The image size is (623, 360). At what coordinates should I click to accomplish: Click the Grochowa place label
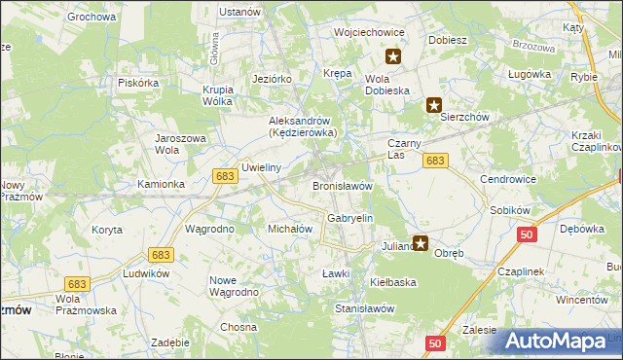point(92,17)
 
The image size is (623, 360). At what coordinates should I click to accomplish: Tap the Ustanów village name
point(239,12)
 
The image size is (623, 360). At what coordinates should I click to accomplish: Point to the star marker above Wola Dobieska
point(393,56)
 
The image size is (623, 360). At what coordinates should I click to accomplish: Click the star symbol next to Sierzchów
point(434,105)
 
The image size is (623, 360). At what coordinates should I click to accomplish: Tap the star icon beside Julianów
point(421,243)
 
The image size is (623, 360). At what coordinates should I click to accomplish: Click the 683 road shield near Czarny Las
point(435,161)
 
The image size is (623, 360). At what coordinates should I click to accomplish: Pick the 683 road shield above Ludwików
point(161,254)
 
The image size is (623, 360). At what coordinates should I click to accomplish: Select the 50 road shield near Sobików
point(527,234)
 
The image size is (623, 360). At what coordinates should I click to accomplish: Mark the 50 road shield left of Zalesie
point(435,342)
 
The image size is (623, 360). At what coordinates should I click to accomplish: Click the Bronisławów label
point(343,185)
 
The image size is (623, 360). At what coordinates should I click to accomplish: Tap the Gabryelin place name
point(350,219)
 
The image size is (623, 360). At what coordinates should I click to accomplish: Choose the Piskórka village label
point(138,83)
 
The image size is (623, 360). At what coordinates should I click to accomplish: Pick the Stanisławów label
point(363,307)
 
